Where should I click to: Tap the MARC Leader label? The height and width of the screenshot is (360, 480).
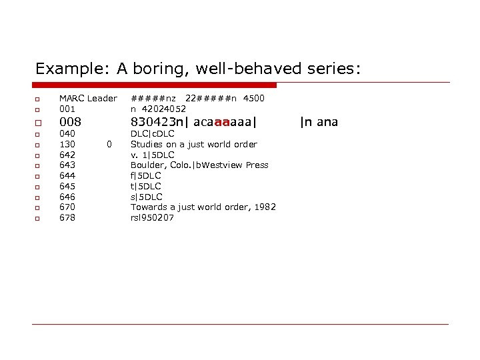88,99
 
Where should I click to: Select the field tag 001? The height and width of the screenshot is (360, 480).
67,109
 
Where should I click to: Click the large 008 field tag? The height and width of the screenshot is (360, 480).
70,122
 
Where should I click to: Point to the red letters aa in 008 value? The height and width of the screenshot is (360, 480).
222,122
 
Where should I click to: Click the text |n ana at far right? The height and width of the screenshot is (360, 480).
319,122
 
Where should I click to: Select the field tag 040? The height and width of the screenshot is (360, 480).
67,134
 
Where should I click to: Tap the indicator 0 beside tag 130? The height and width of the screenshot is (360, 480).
109,144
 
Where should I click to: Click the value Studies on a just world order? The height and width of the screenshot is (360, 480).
193,144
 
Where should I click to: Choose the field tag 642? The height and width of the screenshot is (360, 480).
67,155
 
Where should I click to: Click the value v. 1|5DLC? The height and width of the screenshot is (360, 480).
152,155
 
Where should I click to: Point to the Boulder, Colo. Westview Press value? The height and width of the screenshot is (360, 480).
199,165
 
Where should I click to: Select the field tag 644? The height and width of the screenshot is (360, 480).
67,176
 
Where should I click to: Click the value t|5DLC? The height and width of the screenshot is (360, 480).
146,186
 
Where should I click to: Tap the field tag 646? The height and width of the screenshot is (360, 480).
67,197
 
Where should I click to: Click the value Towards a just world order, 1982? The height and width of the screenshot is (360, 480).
203,207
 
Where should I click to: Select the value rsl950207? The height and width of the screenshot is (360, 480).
152,217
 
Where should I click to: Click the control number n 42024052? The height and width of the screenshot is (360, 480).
158,109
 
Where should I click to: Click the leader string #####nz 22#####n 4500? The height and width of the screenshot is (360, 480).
197,99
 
